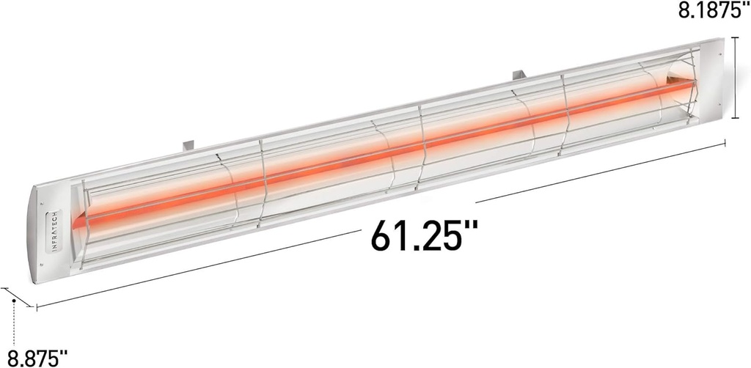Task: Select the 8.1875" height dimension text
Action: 709,12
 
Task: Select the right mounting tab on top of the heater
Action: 519,74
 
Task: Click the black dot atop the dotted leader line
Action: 14,300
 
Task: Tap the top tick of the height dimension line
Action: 736,39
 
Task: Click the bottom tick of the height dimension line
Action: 736,117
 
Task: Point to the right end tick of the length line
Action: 725,145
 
